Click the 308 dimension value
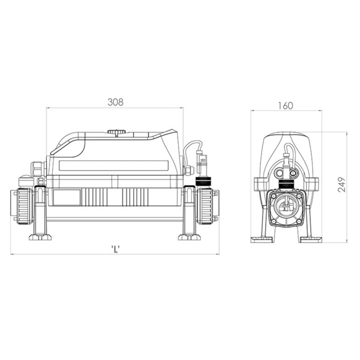(116, 102)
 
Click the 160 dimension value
(286, 106)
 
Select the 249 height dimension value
(342, 184)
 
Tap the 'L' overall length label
(116, 249)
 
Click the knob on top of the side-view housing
(117, 132)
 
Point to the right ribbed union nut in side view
(205, 207)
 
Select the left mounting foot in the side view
(40, 237)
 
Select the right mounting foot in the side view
(189, 237)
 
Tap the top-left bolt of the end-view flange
(273, 196)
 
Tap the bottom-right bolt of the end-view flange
(298, 221)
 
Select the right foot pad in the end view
(311, 240)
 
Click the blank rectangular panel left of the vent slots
(67, 198)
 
